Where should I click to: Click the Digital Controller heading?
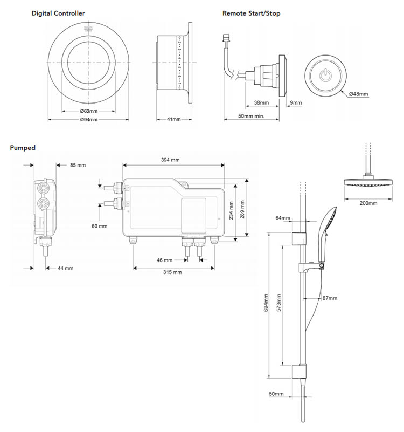[58, 13]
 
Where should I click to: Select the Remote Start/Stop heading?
[251, 13]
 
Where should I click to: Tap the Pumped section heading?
[22, 148]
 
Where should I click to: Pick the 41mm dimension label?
[173, 119]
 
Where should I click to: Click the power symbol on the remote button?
[326, 76]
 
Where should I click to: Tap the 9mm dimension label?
[296, 101]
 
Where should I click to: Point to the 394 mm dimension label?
[171, 160]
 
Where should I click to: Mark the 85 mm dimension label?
[78, 165]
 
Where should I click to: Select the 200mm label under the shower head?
[369, 203]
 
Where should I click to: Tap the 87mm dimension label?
[328, 298]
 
